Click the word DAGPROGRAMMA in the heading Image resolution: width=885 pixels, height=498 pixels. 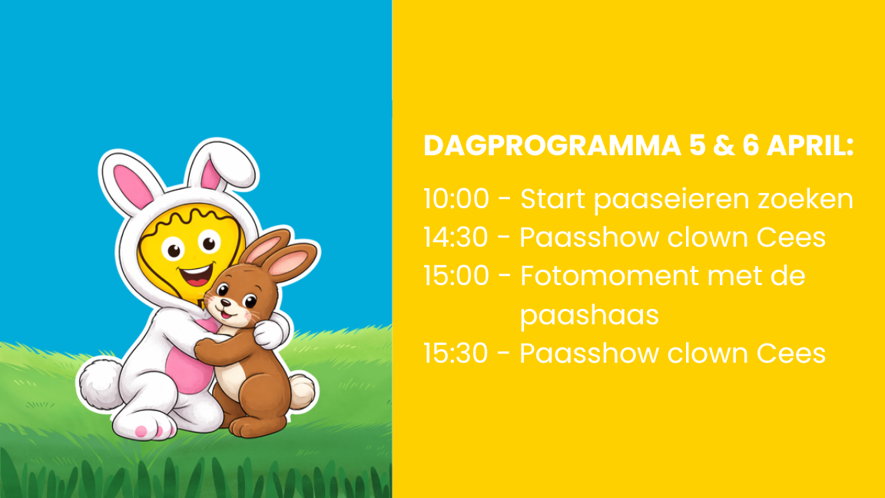pyautogui.click(x=552, y=146)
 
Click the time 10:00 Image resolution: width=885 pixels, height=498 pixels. pyautogui.click(x=456, y=199)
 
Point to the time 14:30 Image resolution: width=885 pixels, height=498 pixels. pyautogui.click(x=456, y=237)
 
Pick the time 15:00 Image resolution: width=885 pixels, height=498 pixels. pyautogui.click(x=456, y=276)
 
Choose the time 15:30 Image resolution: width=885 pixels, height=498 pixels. pyautogui.click(x=456, y=354)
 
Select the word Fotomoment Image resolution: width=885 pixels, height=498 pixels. pyautogui.click(x=609, y=276)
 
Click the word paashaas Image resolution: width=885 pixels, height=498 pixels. pyautogui.click(x=589, y=316)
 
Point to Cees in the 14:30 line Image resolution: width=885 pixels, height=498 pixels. pyautogui.click(x=791, y=237)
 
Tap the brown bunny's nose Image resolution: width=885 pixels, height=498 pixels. pyautogui.click(x=226, y=301)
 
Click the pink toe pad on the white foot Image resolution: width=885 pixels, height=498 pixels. pyautogui.click(x=141, y=431)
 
